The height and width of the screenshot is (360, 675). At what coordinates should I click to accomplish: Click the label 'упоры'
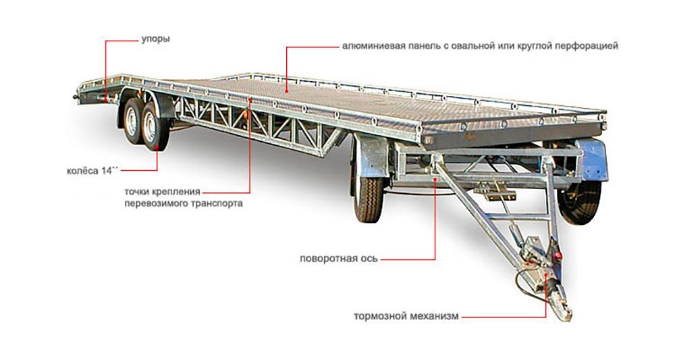pos(156,39)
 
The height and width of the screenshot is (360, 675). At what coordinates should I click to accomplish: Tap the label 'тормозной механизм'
pos(406,315)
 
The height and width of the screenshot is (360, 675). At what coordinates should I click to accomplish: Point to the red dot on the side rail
pos(249,100)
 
